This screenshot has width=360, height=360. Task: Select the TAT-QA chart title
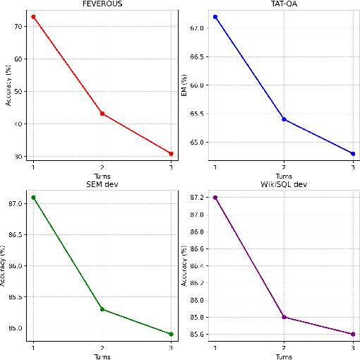[x=283, y=4]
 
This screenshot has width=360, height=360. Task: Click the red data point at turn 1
[x=33, y=16]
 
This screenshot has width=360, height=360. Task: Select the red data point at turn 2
[x=103, y=113]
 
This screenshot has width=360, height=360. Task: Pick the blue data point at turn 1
[x=215, y=16]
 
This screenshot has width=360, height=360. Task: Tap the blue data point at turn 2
[x=284, y=119]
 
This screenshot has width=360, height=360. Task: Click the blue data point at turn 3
[x=353, y=153]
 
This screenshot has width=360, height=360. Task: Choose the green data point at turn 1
[x=33, y=197]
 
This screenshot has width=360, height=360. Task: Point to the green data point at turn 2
[x=103, y=309]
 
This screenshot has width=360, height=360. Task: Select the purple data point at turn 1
[x=215, y=197]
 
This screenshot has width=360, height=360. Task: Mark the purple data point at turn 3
[x=353, y=334]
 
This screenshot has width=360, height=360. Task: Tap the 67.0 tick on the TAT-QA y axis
[x=198, y=28]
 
